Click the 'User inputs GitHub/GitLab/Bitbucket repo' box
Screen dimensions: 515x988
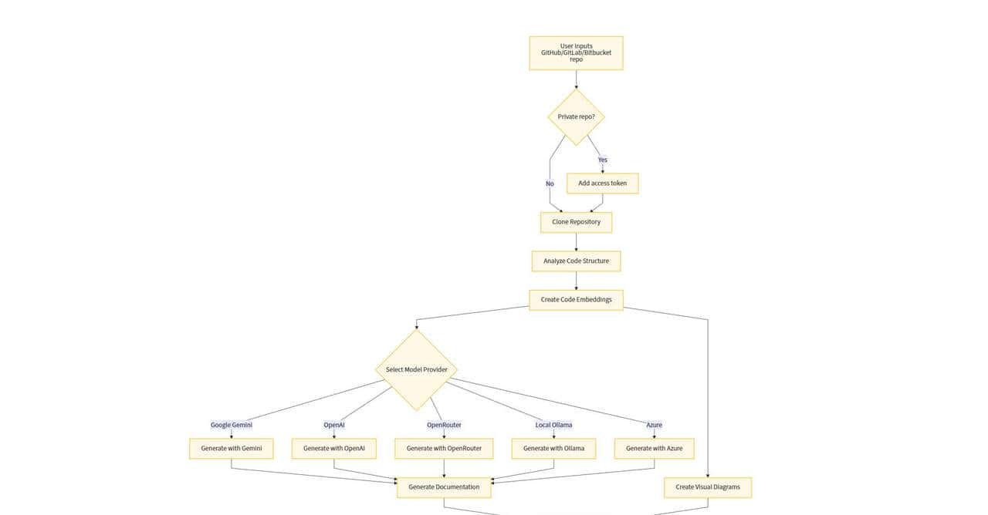tap(576, 53)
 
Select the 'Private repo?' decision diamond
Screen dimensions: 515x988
tap(576, 117)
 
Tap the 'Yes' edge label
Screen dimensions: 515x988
tap(602, 160)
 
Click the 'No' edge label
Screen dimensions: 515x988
tap(550, 183)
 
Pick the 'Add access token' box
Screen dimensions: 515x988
tap(602, 183)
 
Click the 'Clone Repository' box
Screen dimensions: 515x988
tap(576, 222)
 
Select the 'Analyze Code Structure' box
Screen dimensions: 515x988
tap(576, 261)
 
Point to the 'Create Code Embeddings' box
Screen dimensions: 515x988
tap(576, 299)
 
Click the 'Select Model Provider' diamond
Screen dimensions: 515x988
tap(416, 369)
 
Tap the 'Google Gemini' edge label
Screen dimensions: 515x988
tap(231, 425)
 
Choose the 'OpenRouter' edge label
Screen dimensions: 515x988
tap(444, 425)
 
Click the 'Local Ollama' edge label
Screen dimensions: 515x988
tap(553, 425)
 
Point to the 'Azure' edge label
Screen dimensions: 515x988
tap(654, 425)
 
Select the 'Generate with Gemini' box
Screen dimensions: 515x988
tap(231, 448)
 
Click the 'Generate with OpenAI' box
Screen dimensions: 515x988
tap(333, 448)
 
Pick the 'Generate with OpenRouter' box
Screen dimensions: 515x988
tap(444, 448)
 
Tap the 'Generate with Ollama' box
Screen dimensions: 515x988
tap(553, 448)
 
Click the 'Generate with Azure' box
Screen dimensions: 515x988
tap(654, 448)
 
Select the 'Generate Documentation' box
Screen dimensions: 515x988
tap(444, 486)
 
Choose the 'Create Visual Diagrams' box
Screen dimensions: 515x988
tap(707, 486)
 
